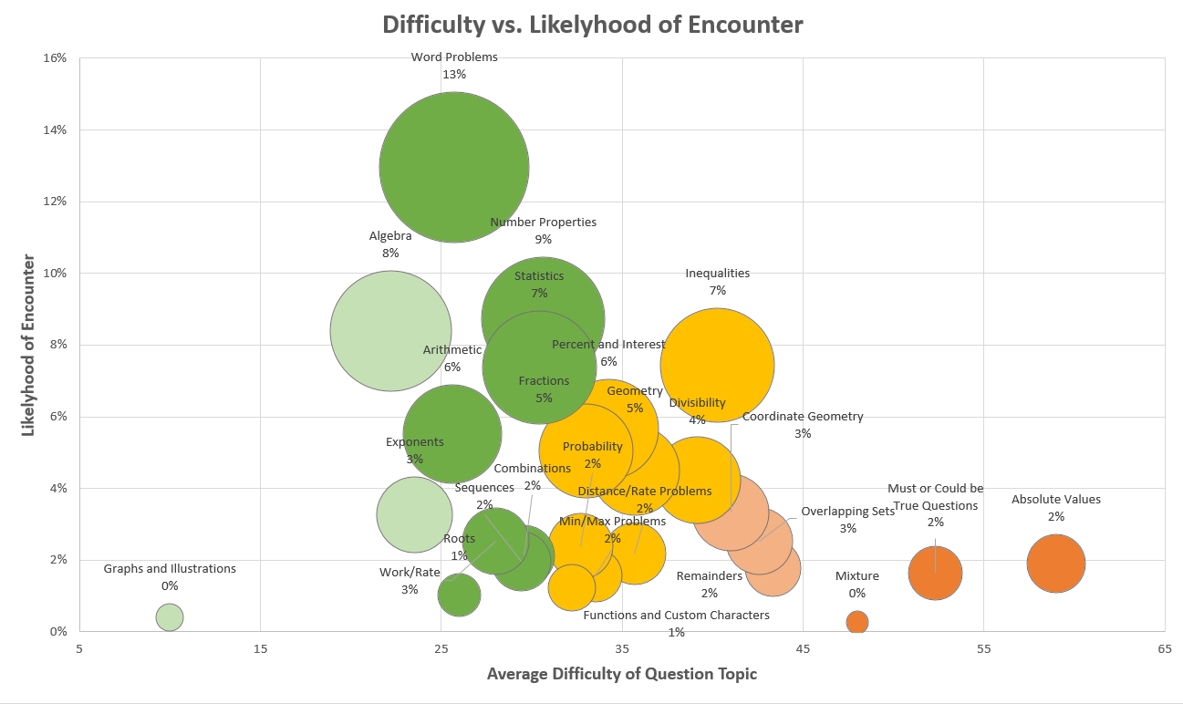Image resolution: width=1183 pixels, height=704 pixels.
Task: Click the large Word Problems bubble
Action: [x=454, y=167]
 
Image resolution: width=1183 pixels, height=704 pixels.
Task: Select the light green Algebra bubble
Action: [x=390, y=330]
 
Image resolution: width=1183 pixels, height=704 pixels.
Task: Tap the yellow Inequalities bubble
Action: [x=717, y=365]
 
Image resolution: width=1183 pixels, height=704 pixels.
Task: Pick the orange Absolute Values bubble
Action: [x=1055, y=564]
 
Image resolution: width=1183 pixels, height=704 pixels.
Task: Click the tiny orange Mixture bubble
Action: [x=856, y=622]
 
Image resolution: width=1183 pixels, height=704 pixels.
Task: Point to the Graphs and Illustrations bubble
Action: [x=169, y=616]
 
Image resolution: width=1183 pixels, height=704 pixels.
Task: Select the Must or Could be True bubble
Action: [x=935, y=573]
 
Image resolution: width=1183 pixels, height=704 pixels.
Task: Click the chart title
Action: [x=592, y=25]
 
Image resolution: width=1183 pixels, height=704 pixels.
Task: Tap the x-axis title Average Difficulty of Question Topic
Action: [x=621, y=674]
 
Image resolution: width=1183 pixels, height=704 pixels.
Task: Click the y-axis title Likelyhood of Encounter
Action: [x=28, y=344]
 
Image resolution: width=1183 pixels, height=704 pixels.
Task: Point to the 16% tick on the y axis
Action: [x=56, y=57]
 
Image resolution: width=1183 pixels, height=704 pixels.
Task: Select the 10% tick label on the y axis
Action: [x=56, y=273]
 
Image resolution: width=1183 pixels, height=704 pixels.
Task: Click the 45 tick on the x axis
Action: [x=803, y=648]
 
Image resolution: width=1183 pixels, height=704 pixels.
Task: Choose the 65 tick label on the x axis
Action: [x=1164, y=648]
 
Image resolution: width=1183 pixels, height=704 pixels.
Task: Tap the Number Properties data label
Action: [x=543, y=222]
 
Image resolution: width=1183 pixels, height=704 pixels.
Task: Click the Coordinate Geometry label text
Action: [x=802, y=417]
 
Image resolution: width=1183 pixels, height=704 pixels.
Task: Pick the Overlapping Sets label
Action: [x=847, y=512]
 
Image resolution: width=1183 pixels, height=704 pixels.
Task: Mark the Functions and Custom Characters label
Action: [x=676, y=616]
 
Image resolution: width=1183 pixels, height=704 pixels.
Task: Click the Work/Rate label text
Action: [x=410, y=573]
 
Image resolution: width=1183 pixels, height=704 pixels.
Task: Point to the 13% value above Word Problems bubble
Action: [x=454, y=74]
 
